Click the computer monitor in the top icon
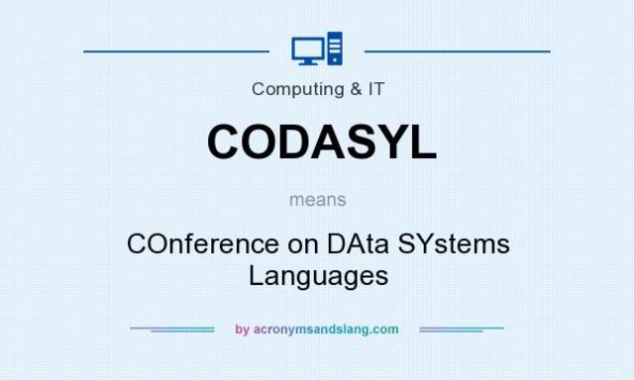[307, 47]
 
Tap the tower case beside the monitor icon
[334, 48]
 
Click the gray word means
[318, 199]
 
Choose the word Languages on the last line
[318, 274]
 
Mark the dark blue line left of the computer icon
[176, 49]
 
